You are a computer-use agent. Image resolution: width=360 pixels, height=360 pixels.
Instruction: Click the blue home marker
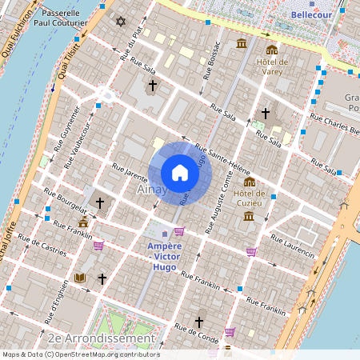[x=180, y=173]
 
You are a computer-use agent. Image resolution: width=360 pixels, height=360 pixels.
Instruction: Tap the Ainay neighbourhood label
[x=152, y=190]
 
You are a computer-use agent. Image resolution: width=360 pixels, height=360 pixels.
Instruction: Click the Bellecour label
[x=311, y=14]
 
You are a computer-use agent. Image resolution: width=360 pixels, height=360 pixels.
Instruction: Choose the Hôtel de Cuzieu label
[x=249, y=198]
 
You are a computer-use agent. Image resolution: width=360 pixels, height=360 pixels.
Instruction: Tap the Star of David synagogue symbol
[x=121, y=22]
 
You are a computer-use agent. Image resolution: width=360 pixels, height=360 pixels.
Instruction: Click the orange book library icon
[x=79, y=278]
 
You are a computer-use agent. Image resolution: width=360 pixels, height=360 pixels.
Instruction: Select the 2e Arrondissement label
[x=101, y=338]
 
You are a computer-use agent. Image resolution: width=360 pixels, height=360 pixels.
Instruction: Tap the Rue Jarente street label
[x=130, y=173]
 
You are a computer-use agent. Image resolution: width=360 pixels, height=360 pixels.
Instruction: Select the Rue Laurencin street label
[x=294, y=243]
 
